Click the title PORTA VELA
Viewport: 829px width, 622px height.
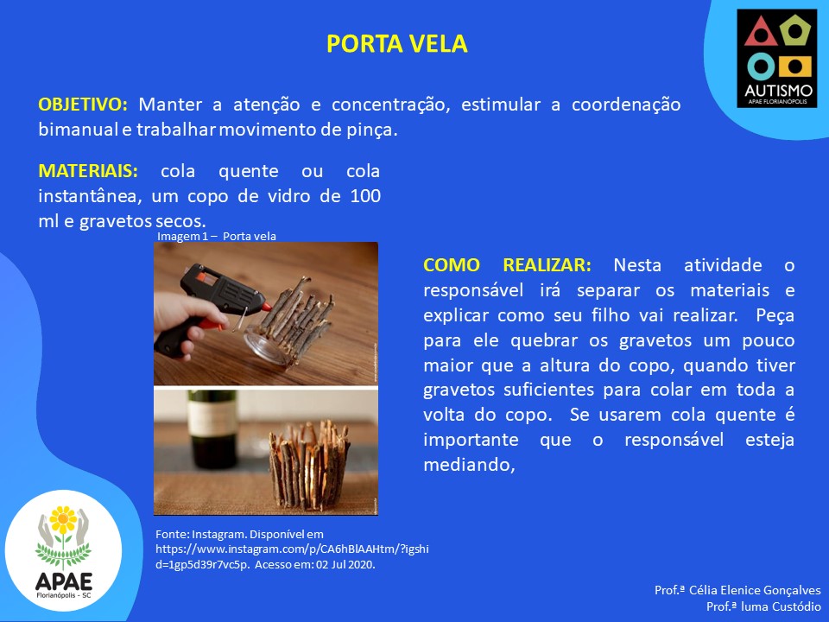(396, 43)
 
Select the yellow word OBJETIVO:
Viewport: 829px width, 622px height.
(83, 105)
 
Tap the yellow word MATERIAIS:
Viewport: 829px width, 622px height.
(88, 171)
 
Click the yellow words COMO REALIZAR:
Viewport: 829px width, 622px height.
(507, 265)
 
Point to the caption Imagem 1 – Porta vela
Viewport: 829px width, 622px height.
(216, 236)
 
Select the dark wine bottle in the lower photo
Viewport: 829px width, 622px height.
(212, 429)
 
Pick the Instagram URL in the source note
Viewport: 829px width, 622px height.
(292, 556)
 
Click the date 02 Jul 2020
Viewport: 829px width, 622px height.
(345, 564)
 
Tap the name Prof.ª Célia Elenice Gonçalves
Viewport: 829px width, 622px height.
(737, 590)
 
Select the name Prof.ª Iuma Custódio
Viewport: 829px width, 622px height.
(763, 606)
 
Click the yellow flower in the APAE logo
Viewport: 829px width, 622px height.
(63, 519)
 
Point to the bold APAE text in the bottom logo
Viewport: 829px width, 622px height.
(63, 581)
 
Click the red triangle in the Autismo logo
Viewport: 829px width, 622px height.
(760, 32)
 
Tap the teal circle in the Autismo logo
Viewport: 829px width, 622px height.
(761, 67)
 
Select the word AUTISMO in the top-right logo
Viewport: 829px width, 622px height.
(778, 91)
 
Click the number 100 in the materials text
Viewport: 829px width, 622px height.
(365, 196)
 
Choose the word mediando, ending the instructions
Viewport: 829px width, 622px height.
(469, 465)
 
